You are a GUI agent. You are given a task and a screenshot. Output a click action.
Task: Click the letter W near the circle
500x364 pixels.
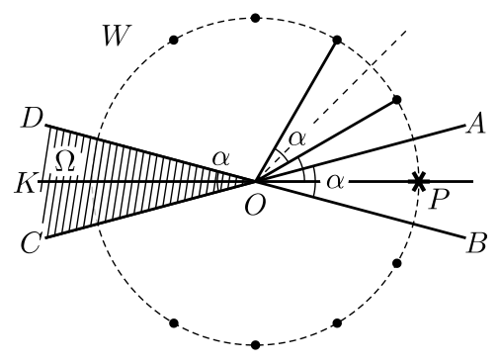[x=118, y=36]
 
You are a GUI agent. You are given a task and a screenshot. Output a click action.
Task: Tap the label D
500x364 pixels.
[x=32, y=118]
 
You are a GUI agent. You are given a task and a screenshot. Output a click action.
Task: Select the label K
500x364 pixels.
[x=25, y=183]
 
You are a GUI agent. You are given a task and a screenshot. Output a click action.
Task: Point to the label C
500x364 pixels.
[x=32, y=243]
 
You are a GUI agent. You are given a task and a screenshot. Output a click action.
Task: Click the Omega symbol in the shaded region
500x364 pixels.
[x=64, y=161]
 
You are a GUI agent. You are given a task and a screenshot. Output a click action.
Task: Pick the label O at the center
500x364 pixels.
[x=255, y=206]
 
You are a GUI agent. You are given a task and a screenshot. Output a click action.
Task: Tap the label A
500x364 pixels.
[x=475, y=123]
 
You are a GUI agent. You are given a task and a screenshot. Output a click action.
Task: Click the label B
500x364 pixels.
[x=476, y=243]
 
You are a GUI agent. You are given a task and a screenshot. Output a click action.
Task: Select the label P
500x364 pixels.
[x=440, y=199]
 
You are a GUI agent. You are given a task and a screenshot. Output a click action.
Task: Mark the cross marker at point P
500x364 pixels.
[x=418, y=181]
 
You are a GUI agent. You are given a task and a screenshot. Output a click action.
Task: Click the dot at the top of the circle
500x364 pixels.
[x=255, y=18]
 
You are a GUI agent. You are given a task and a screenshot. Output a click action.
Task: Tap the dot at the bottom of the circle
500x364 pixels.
[x=255, y=345]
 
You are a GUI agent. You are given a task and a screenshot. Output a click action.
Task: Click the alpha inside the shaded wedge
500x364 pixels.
[x=220, y=159]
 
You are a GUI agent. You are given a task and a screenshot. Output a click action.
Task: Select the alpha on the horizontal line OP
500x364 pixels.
[x=335, y=182]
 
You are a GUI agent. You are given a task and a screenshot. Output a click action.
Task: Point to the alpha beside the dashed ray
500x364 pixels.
[x=297, y=139]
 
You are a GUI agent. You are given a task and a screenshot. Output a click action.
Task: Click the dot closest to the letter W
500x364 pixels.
[x=174, y=41]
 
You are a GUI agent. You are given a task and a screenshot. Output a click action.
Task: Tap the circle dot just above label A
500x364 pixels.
[x=397, y=100]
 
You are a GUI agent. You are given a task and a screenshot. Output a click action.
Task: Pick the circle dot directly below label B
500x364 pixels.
[x=397, y=263]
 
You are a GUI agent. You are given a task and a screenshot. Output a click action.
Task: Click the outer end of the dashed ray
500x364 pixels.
[x=406, y=31]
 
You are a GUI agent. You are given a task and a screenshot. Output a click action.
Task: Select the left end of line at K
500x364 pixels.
[x=39, y=181]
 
